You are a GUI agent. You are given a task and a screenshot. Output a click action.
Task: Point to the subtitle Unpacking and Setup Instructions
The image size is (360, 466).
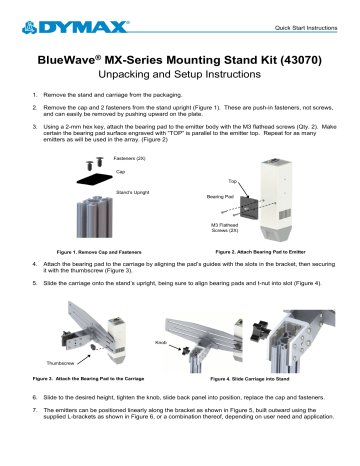[180, 80]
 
